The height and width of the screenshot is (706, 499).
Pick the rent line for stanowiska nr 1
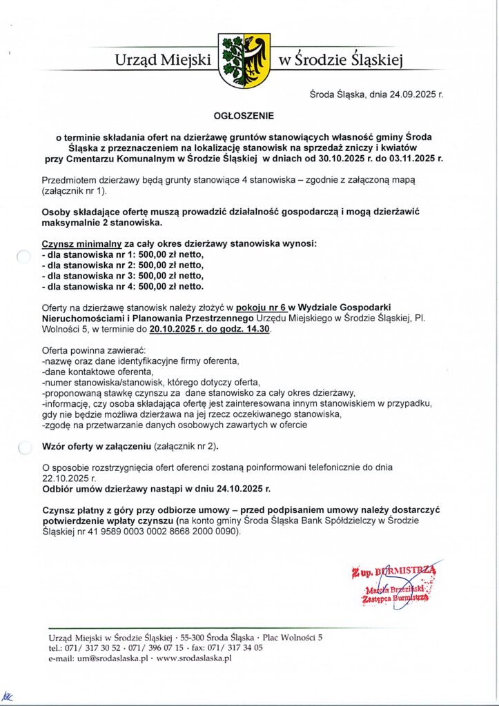point(123,255)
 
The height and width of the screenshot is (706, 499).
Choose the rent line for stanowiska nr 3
point(123,276)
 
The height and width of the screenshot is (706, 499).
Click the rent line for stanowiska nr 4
point(123,286)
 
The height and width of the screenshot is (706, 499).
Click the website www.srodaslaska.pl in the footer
point(195,658)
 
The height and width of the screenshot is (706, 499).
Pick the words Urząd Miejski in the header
point(163,61)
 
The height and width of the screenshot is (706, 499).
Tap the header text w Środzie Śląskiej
point(339,61)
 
